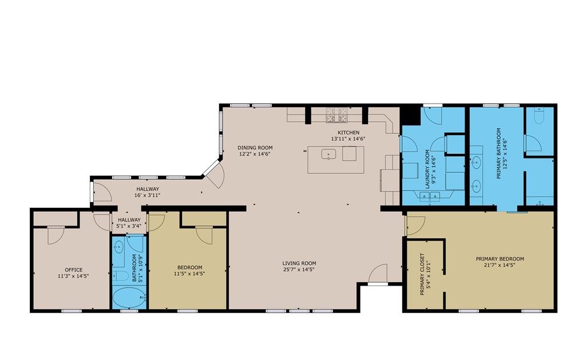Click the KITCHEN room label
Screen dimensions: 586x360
coord(349,133)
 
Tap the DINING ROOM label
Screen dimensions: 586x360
coord(255,148)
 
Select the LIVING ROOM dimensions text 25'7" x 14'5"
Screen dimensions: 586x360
coord(299,269)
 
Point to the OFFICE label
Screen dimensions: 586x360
coord(74,270)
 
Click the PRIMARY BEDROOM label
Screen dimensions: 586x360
coord(500,259)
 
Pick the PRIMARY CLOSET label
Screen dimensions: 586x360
coord(422,274)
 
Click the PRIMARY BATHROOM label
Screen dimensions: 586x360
coord(498,153)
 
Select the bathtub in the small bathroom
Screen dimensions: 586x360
coord(129,298)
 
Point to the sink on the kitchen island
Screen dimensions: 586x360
coord(328,154)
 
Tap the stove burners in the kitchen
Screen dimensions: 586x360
coord(336,115)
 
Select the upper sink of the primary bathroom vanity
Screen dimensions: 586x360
coord(476,162)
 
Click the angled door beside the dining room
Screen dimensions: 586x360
coord(213,175)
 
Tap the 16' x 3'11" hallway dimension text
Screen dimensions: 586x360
coord(148,195)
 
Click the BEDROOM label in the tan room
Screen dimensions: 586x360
coord(190,267)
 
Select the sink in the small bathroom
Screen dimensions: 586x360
coord(118,247)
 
